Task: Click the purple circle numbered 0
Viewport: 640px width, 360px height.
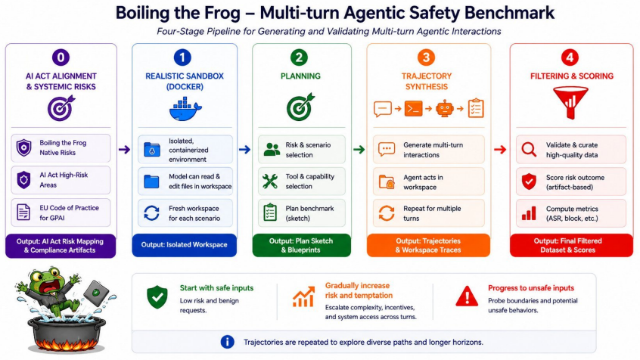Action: tap(61, 57)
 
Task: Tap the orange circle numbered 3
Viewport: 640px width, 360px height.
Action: tap(426, 57)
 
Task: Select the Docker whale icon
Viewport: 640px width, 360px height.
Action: tap(185, 109)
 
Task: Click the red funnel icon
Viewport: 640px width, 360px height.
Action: tap(570, 102)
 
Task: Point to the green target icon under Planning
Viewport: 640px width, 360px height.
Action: tap(301, 107)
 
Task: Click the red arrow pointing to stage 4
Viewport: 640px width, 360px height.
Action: tap(499, 150)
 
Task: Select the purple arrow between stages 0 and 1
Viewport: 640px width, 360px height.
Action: tap(124, 150)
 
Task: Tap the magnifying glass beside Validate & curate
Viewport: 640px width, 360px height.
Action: tap(529, 150)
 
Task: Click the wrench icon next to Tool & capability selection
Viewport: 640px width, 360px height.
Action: tap(270, 182)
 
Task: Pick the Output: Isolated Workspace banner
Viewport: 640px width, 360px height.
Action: tap(184, 245)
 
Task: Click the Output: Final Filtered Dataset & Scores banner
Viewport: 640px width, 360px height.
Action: tap(571, 245)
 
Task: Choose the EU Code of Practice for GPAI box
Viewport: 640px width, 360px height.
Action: tap(61, 213)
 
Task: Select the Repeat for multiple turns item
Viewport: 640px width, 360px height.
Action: tap(429, 213)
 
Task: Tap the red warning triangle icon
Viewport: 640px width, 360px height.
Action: tap(467, 296)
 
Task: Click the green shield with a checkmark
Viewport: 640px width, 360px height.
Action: tap(157, 296)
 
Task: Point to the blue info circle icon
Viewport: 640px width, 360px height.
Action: tap(228, 342)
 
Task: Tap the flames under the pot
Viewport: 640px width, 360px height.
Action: tap(67, 346)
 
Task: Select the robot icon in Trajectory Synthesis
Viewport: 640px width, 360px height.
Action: tap(445, 109)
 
